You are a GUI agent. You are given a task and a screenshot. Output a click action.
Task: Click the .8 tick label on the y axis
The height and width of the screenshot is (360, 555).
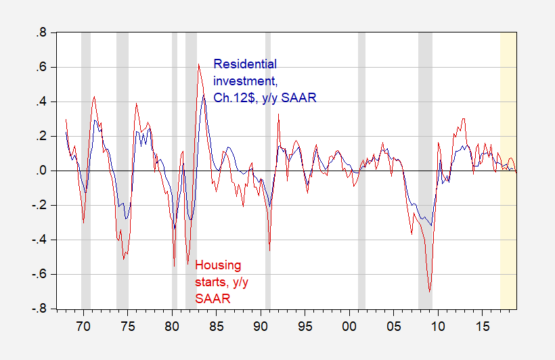click(41, 33)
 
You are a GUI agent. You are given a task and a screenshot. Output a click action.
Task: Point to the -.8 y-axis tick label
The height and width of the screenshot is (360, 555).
click(39, 309)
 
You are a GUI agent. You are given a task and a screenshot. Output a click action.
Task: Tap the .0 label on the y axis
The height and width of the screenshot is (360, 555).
click(41, 171)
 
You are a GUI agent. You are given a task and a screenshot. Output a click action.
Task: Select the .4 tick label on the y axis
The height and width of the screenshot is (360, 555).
click(41, 102)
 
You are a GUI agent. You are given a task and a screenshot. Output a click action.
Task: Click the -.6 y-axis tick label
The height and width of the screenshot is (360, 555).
click(39, 274)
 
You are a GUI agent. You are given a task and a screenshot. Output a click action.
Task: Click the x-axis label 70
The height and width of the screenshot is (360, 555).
click(83, 326)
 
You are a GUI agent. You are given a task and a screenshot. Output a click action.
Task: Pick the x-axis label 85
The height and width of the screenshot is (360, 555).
click(217, 326)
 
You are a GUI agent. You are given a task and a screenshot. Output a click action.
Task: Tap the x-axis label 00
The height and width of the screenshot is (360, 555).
click(349, 326)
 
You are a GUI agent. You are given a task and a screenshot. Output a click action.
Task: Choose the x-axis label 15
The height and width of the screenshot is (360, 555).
click(482, 326)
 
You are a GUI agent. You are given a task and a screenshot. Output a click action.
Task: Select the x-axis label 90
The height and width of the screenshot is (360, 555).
click(261, 326)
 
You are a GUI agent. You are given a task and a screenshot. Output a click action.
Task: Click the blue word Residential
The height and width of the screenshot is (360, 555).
click(245, 64)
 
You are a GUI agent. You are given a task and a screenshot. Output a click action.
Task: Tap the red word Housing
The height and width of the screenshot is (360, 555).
click(218, 265)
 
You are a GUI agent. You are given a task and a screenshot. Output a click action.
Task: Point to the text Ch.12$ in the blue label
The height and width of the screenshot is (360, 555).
click(234, 97)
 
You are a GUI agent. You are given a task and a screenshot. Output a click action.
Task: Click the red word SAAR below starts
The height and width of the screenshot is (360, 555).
click(213, 299)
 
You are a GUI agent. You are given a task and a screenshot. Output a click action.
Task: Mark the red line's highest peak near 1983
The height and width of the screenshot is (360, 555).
click(198, 64)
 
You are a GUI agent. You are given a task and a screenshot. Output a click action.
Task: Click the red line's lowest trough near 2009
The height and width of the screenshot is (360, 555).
click(429, 292)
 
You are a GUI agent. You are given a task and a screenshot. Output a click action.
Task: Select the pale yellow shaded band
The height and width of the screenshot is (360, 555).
click(508, 171)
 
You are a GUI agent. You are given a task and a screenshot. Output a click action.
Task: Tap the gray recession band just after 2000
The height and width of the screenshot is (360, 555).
click(361, 171)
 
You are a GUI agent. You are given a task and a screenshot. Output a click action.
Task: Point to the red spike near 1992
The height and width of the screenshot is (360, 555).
click(279, 114)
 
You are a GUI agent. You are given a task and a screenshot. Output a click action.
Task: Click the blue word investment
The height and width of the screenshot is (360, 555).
click(245, 81)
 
